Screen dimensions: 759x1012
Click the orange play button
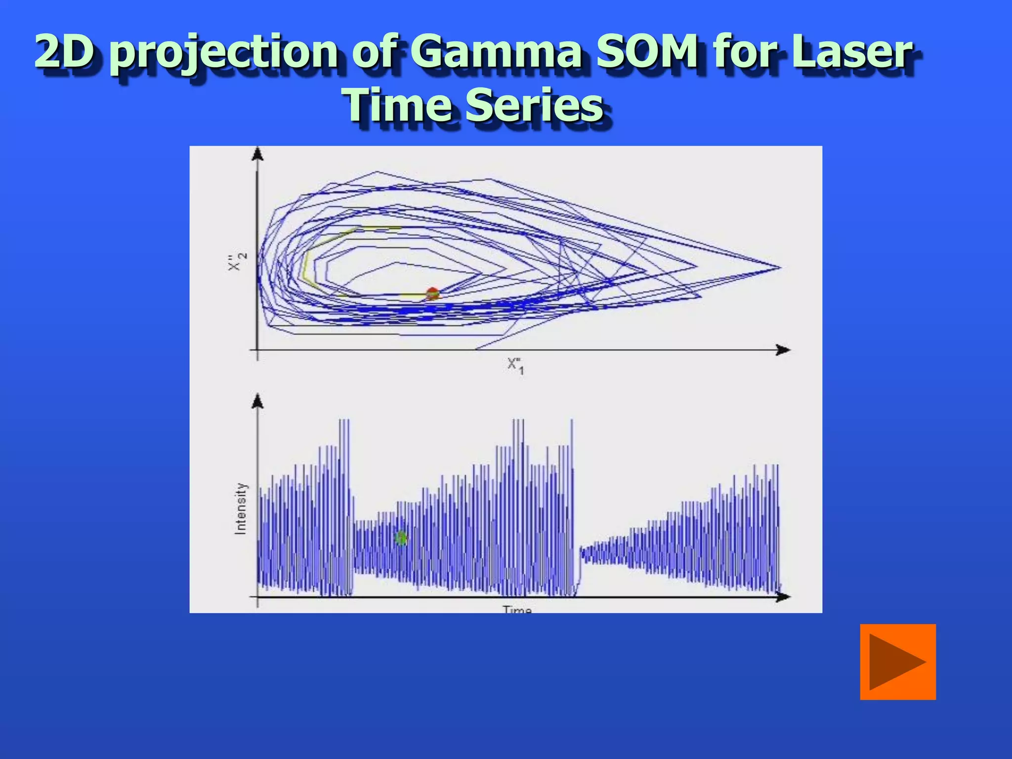(x=897, y=662)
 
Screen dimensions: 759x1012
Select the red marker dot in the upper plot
(x=432, y=293)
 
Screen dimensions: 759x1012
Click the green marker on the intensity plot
(x=401, y=538)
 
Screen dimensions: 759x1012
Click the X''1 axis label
(x=515, y=366)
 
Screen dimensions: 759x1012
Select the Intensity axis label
(x=240, y=508)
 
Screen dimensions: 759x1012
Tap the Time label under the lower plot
(x=517, y=609)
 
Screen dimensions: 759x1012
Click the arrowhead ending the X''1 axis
(x=783, y=350)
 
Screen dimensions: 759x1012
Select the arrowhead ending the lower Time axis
(x=783, y=597)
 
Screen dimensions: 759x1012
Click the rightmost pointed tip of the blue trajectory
(x=780, y=268)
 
